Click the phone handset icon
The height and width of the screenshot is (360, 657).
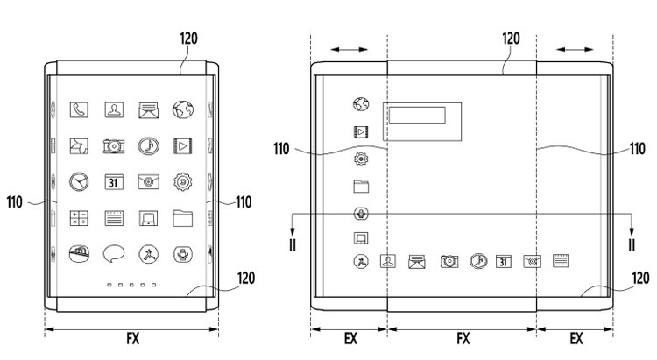pyautogui.click(x=79, y=109)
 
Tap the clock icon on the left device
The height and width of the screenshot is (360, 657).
pyautogui.click(x=79, y=182)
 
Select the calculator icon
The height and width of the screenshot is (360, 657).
pyautogui.click(x=79, y=218)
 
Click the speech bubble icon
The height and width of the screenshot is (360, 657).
pyautogui.click(x=114, y=254)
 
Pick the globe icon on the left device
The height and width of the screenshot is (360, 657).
pyautogui.click(x=183, y=109)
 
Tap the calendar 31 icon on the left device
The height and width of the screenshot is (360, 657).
pyautogui.click(x=114, y=182)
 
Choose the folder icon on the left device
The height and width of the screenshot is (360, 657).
pyautogui.click(x=183, y=218)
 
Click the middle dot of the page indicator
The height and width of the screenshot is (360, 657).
pyautogui.click(x=131, y=285)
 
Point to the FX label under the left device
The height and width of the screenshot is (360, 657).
pyautogui.click(x=133, y=338)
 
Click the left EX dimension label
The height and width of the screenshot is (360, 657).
pyautogui.click(x=350, y=338)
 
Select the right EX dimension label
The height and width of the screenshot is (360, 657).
pyautogui.click(x=576, y=338)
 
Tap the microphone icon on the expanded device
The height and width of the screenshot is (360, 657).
pyautogui.click(x=361, y=214)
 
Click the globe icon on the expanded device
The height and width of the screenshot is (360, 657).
pyautogui.click(x=361, y=104)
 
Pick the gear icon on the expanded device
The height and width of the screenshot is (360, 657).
pyautogui.click(x=361, y=159)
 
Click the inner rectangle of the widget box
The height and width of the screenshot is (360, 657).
pyautogui.click(x=417, y=115)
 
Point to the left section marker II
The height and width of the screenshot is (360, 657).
pyautogui.click(x=293, y=244)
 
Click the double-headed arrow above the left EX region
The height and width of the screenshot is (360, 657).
pyautogui.click(x=349, y=49)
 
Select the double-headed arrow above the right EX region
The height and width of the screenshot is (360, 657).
pyautogui.click(x=575, y=49)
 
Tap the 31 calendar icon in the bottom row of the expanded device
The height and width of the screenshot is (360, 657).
pyautogui.click(x=503, y=261)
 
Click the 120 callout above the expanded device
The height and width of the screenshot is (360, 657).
pyautogui.click(x=511, y=39)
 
